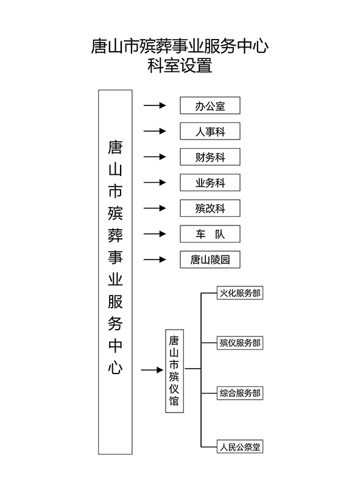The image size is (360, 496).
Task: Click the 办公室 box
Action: (210, 105)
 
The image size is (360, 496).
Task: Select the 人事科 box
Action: (210, 131)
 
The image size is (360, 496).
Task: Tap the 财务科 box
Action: (210, 157)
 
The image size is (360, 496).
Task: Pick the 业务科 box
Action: (210, 183)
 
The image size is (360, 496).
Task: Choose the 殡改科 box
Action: (210, 208)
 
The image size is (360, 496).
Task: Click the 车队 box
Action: (210, 234)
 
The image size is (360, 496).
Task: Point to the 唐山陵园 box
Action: (210, 260)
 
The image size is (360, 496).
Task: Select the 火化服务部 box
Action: (240, 293)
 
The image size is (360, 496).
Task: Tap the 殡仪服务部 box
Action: (240, 343)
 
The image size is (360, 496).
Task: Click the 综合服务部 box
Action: (240, 393)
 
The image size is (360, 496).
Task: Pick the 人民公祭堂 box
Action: (240, 447)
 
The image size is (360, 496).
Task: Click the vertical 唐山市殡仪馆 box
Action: (175, 371)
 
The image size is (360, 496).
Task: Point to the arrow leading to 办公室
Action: (155, 105)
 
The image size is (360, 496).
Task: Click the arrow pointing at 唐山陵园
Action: (155, 260)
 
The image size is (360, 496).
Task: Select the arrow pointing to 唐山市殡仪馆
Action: (152, 370)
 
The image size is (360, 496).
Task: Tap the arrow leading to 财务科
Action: (155, 157)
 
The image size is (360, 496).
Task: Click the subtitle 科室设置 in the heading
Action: (180, 65)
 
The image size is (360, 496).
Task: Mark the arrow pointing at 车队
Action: (155, 234)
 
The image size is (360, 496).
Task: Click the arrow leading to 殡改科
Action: (155, 208)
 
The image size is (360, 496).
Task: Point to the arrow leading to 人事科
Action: (155, 131)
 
